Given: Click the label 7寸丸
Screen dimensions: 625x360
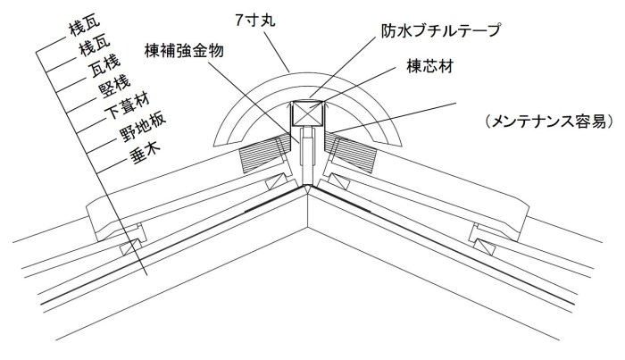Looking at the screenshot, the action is coord(255,20).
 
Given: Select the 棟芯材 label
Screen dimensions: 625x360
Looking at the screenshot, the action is coord(430,66).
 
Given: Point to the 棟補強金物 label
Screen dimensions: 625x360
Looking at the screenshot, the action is coord(184,51).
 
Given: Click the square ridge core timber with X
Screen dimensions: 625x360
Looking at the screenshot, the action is coord(308,113).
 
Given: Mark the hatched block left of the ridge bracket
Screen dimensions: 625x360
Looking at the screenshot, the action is coord(264,153).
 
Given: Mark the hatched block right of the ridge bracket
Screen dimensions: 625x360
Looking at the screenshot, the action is coord(351,153).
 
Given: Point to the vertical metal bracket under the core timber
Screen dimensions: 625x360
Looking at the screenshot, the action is coord(307,155).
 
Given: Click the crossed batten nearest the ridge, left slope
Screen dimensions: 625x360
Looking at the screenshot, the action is coord(277,183).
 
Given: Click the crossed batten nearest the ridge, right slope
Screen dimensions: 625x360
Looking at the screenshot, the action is coord(338,182).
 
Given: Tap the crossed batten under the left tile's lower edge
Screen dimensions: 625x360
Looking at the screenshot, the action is coord(130,247).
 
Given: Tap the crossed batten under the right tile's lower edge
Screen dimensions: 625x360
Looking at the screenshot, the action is coord(485,247).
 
